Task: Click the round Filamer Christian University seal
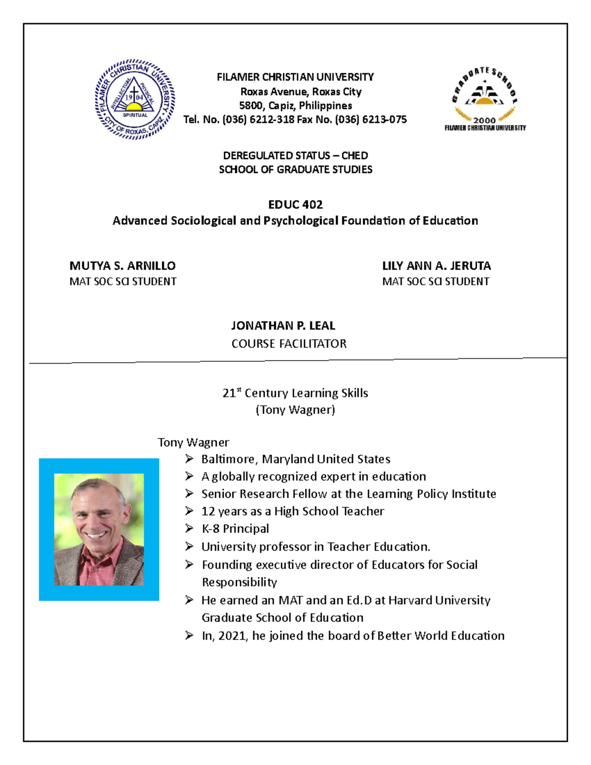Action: click(134, 100)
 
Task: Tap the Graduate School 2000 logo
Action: click(485, 99)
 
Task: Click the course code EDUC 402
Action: click(295, 204)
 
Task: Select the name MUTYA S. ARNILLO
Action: click(122, 266)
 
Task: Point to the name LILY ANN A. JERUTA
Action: click(436, 266)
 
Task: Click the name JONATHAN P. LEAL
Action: click(283, 326)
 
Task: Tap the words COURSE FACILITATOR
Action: click(289, 343)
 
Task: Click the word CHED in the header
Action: click(355, 156)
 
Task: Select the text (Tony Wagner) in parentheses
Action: click(295, 410)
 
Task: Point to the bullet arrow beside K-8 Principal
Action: click(190, 529)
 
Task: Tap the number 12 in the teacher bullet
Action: click(208, 511)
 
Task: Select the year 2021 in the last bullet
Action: click(232, 636)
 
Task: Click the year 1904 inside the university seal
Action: click(134, 98)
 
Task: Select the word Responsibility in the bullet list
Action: click(239, 582)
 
